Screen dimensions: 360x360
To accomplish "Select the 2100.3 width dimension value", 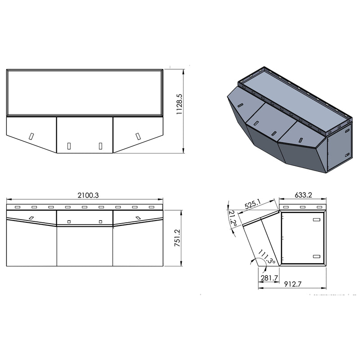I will coord(89,195).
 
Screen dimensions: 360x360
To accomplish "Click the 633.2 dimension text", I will coord(304,195).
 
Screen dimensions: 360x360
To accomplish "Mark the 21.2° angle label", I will coord(232,219).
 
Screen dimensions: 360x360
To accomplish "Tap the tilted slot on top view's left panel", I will coord(31,135).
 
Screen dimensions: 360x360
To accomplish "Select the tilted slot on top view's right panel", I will coord(138,135).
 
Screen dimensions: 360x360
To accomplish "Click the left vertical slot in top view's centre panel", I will coord(69,145).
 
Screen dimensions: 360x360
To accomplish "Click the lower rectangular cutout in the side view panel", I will coord(316,256).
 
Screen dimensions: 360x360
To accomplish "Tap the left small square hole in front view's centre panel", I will coord(68,221).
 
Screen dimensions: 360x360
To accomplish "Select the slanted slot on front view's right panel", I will coord(137,218).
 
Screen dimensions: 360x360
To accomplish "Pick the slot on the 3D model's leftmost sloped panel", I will coord(241,105).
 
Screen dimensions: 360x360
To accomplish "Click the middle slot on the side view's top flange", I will coord(302,207).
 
